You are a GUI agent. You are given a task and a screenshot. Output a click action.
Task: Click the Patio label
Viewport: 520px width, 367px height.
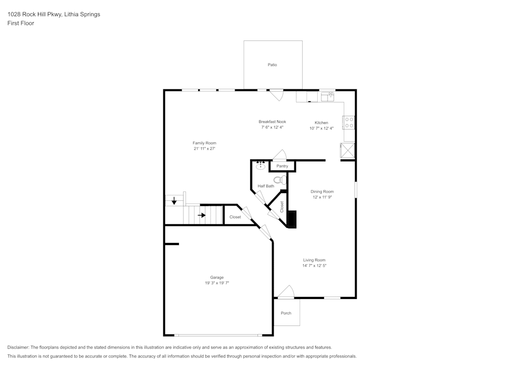point(272,65)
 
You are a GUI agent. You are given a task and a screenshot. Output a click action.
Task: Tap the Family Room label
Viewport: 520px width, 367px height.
point(204,143)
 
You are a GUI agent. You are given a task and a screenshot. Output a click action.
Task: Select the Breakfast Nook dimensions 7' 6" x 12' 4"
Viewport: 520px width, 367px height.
point(272,127)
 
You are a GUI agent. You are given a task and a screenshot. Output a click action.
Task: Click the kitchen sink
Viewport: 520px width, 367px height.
point(327,97)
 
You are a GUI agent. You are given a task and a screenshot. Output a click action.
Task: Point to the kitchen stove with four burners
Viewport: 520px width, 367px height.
point(349,123)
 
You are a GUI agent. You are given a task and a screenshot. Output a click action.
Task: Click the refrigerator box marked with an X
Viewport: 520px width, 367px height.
point(347,151)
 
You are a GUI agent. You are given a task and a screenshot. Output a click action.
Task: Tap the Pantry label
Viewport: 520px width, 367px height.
point(282,166)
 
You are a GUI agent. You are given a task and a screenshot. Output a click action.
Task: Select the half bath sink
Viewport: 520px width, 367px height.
point(261,165)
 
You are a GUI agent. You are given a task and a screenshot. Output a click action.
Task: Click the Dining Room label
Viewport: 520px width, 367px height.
point(322,192)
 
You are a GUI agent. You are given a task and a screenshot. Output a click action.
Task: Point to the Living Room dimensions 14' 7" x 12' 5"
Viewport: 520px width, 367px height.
point(315,266)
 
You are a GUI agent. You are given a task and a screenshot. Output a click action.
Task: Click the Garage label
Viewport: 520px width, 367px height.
point(217,278)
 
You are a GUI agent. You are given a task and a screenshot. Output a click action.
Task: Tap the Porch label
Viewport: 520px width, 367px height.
point(286,313)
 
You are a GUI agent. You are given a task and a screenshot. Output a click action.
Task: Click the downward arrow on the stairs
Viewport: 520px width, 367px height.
point(174,201)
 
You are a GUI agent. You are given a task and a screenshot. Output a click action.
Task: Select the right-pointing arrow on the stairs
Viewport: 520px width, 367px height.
point(202,215)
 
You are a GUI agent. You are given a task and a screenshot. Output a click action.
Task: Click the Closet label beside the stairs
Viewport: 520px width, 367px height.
point(235,217)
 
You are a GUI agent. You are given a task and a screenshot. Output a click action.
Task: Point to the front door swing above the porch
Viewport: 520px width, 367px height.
point(286,292)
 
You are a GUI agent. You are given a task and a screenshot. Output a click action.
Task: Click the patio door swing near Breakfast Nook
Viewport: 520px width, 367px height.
point(276,96)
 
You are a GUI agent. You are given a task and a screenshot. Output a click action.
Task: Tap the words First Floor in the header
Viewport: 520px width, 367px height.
point(21,23)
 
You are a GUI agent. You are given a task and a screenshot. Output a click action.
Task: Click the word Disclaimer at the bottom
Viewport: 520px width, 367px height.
point(18,347)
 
